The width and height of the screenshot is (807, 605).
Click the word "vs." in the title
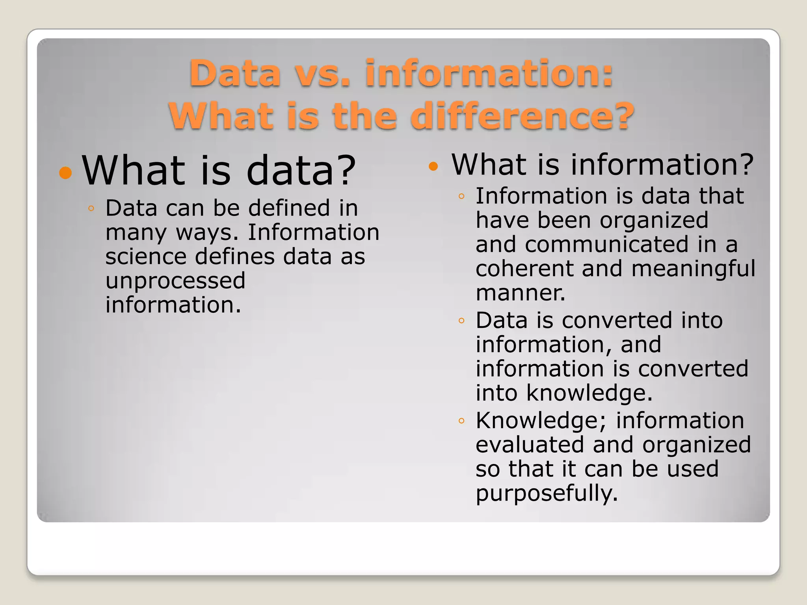click(322, 74)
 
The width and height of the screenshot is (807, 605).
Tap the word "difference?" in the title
click(522, 116)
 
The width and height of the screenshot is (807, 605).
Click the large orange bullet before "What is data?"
click(66, 173)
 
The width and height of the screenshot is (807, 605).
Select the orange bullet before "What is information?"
click(433, 166)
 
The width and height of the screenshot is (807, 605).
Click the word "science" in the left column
click(146, 256)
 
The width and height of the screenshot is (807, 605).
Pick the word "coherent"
click(524, 269)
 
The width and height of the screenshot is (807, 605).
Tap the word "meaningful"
click(693, 269)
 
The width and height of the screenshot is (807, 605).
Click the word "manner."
click(520, 293)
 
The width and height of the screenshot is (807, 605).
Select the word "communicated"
click(607, 244)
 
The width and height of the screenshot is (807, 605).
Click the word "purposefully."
click(547, 494)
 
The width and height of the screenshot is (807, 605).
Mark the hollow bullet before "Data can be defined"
click(91, 208)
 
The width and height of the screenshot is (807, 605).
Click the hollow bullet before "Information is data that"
click(461, 196)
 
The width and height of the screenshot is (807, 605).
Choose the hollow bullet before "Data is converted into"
click(461, 321)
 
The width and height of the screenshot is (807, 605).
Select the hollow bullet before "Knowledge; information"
click(461, 421)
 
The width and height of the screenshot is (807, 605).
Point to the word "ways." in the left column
click(207, 232)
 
